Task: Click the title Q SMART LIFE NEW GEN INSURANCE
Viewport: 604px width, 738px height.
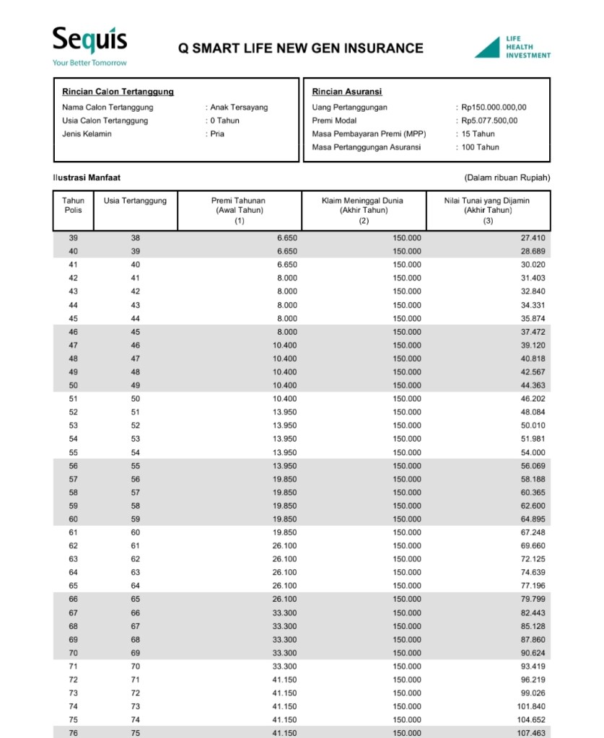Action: pyautogui.click(x=301, y=48)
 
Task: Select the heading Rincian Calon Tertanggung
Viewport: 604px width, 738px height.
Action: pyautogui.click(x=118, y=92)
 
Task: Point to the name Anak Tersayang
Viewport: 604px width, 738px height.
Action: pyautogui.click(x=239, y=107)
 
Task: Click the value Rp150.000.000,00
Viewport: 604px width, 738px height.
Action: pyautogui.click(x=494, y=107)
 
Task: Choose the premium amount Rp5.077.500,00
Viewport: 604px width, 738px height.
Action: pyautogui.click(x=489, y=120)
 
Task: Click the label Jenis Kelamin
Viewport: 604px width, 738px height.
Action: pyautogui.click(x=87, y=134)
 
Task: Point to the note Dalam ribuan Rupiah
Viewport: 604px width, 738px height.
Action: pyautogui.click(x=507, y=177)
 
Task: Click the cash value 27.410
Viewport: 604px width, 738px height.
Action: pyautogui.click(x=533, y=238)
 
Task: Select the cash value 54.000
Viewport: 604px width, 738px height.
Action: pyautogui.click(x=533, y=452)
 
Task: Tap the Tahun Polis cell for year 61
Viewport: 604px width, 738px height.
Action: pyautogui.click(x=73, y=532)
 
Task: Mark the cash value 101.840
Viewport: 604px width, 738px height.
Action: pyautogui.click(x=531, y=707)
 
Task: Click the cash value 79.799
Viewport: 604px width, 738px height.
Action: pyautogui.click(x=533, y=599)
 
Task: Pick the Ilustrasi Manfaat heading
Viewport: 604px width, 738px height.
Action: pyautogui.click(x=82, y=177)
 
